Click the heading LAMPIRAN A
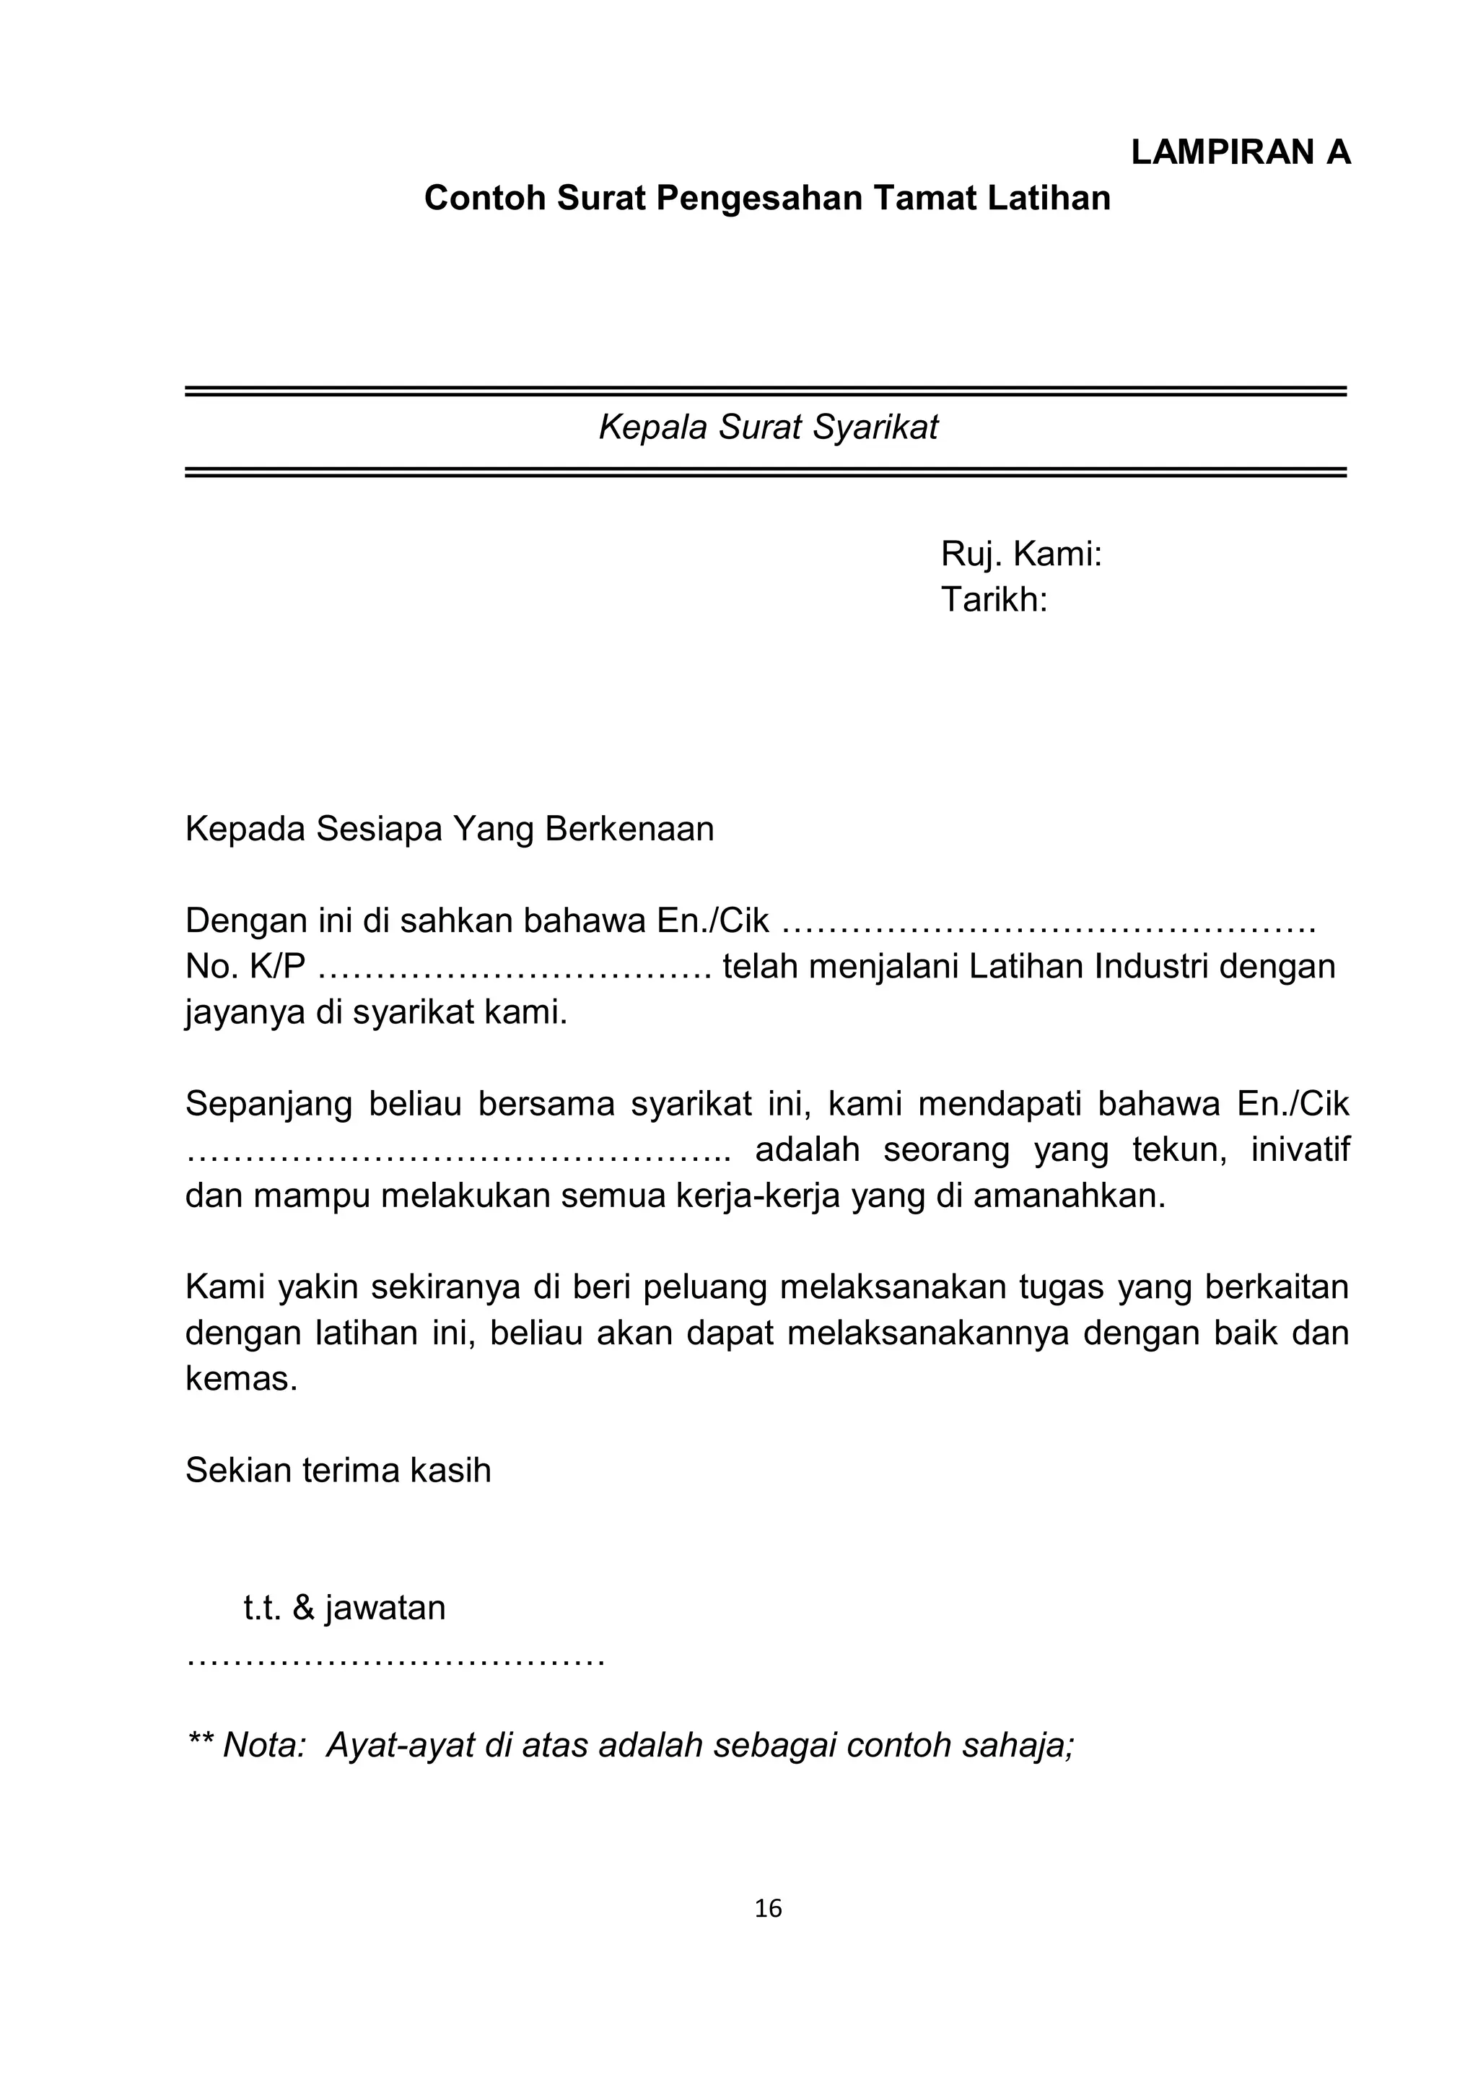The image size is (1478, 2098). [x=1241, y=152]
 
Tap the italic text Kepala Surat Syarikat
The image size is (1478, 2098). [x=767, y=427]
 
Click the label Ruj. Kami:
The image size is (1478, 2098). [x=1021, y=554]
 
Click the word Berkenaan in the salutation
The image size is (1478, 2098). [x=629, y=829]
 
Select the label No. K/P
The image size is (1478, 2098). [x=245, y=966]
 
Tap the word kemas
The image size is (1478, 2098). [x=241, y=1378]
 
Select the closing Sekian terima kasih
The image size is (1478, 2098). [x=338, y=1470]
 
